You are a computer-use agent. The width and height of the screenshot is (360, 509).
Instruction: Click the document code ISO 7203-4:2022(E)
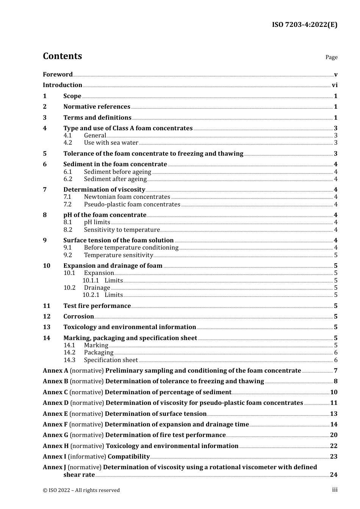coord(304,25)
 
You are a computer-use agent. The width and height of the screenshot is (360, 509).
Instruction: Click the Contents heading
coord(62,56)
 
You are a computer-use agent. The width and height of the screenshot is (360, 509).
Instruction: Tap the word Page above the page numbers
coord(331,57)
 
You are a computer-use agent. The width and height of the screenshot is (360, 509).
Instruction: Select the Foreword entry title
coord(58,75)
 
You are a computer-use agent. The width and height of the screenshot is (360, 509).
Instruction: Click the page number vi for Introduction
coord(335,85)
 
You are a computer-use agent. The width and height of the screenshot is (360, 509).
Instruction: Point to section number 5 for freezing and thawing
coord(45,154)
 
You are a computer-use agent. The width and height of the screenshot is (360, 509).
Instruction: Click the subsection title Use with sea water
coord(111,143)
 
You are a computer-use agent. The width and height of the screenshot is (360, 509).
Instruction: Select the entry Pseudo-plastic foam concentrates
coord(132,205)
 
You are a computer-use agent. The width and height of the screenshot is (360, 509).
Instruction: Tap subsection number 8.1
coord(68,222)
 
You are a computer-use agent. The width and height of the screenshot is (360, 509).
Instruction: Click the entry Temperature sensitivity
coord(118,255)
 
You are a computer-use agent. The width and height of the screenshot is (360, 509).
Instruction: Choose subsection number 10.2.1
coord(91,295)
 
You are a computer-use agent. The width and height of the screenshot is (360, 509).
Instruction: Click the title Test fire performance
coord(97,306)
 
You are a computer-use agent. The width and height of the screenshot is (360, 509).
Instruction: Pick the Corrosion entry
coord(78,317)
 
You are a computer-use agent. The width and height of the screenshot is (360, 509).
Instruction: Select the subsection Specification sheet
coord(111,360)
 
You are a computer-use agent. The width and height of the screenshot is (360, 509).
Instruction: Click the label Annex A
coord(55,371)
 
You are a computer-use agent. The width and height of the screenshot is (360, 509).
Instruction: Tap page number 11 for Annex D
coord(333,403)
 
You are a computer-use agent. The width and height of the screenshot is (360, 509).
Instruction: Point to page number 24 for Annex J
coord(333,475)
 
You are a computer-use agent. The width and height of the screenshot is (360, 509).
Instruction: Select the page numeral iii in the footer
coord(335,490)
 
